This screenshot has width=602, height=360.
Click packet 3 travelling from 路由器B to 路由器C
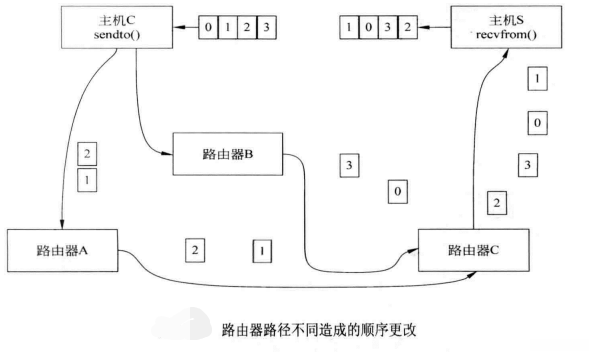pos(347,165)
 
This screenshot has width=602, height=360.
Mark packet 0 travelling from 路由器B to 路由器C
pos(398,190)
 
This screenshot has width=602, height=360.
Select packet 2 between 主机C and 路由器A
pos(87,154)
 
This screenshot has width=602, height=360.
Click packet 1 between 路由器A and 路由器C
pos(260,249)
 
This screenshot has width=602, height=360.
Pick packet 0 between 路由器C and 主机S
pos(538,122)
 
